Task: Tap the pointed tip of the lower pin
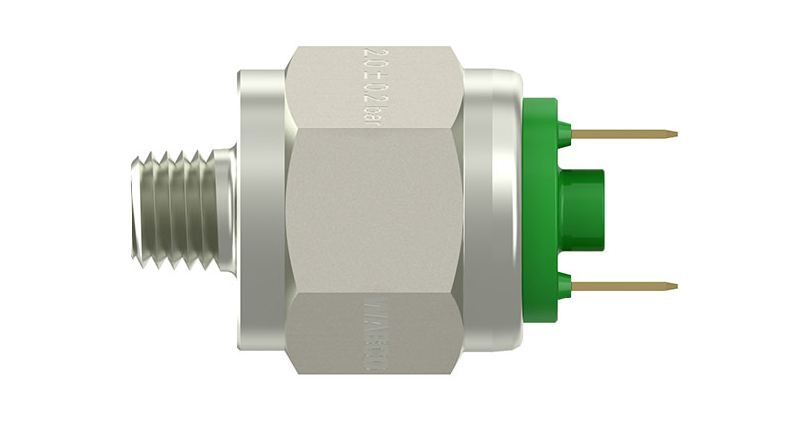tap(675, 287)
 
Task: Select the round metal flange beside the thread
tap(260, 210)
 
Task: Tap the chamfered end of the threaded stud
tap(134, 211)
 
